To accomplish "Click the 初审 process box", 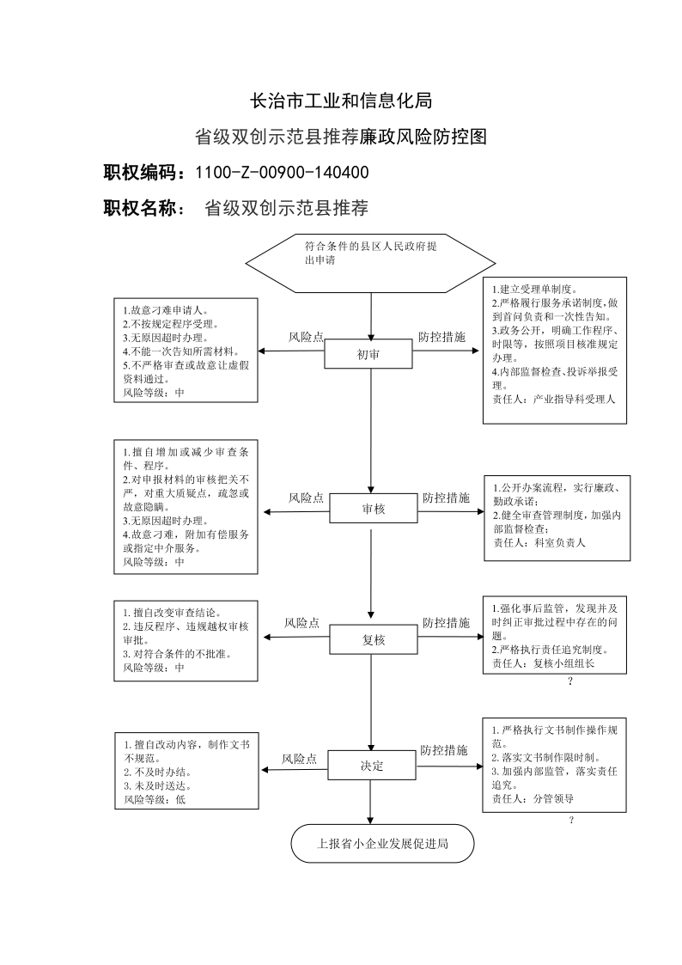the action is click(368, 354).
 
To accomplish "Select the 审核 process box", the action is click(374, 509).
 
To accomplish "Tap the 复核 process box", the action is click(374, 639).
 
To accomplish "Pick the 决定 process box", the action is click(371, 765).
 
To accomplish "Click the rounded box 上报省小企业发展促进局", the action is click(382, 843).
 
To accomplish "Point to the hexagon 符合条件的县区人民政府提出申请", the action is click(371, 263).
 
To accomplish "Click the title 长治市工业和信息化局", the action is click(341, 101).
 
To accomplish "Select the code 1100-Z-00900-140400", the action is click(283, 173).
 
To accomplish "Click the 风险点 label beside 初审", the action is click(307, 337).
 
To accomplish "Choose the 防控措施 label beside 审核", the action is click(446, 498).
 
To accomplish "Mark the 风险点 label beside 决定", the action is click(300, 760).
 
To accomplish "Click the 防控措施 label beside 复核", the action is click(446, 623).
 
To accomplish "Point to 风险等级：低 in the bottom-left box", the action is click(155, 799).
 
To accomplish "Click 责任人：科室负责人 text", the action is click(539, 543).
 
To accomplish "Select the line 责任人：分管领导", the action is click(533, 799).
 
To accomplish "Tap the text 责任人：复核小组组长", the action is click(543, 663).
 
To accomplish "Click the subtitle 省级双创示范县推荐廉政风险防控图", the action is click(341, 137).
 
